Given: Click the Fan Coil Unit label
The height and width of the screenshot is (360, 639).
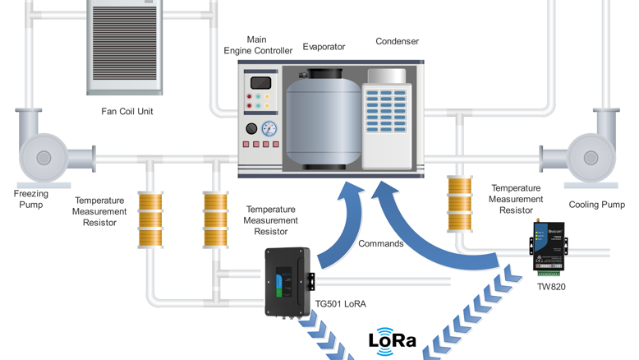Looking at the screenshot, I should click(x=126, y=112).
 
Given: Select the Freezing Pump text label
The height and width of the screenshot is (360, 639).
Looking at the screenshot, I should click(x=30, y=199).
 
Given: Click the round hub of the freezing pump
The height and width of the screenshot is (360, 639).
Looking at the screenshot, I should click(x=44, y=158).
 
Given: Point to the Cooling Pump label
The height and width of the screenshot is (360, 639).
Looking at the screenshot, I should click(x=596, y=205).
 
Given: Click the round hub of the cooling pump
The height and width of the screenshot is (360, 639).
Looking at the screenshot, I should click(x=590, y=158).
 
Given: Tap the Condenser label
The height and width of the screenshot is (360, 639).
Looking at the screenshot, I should click(x=397, y=41).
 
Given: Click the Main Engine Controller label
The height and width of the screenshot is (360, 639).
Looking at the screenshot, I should click(x=257, y=45).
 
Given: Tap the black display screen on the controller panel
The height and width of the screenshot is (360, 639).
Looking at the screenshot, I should click(x=260, y=83).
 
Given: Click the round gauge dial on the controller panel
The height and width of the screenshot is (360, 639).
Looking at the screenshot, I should click(x=269, y=129).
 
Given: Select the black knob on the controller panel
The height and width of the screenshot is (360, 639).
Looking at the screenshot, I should click(x=251, y=129).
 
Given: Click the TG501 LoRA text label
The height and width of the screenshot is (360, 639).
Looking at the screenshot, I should click(x=340, y=304).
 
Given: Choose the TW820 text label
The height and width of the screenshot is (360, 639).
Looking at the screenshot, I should click(x=551, y=287).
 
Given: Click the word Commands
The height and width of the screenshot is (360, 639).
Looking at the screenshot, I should click(x=381, y=243).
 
